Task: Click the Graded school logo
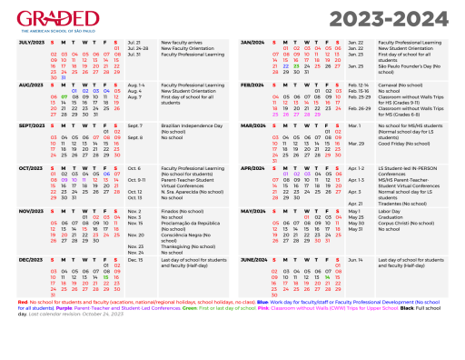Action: click(58, 20)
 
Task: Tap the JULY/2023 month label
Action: click(31, 43)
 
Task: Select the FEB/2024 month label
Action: click(252, 84)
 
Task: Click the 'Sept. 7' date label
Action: click(135, 125)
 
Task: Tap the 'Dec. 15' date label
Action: click(135, 260)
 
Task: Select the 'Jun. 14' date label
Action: click(356, 260)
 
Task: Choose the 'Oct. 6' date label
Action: click(134, 168)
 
